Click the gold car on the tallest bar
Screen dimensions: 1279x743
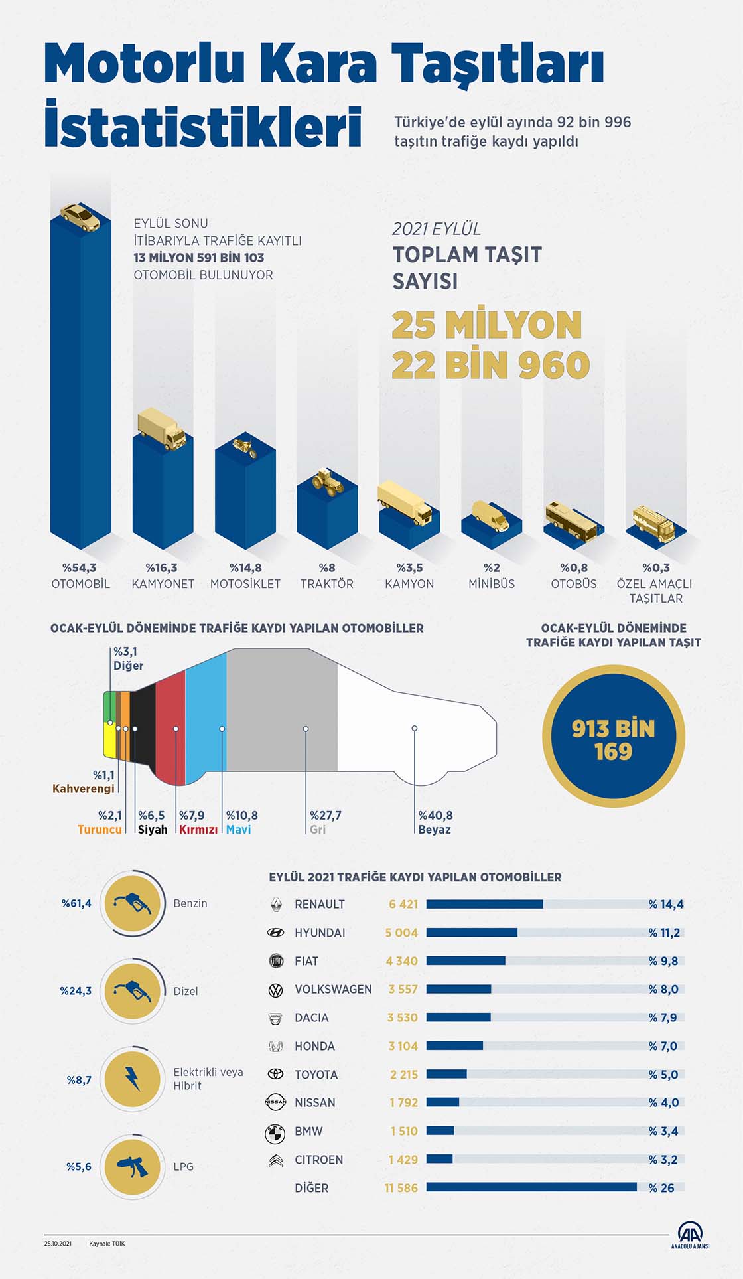tap(80, 217)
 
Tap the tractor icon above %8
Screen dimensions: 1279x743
tap(328, 482)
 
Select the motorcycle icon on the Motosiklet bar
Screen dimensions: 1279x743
tap(245, 447)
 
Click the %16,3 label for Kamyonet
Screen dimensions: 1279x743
tap(162, 568)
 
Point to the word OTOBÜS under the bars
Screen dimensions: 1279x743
tap(574, 584)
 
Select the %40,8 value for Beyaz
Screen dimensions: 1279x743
tap(435, 816)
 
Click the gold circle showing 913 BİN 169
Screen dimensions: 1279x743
tap(614, 737)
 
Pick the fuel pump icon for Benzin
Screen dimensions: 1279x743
tap(133, 903)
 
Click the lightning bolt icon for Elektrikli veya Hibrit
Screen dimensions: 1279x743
tap(133, 1079)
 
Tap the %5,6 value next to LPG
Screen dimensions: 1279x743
tap(79, 1167)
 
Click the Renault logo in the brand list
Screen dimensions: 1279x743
tap(276, 904)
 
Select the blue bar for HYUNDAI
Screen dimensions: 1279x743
tap(472, 933)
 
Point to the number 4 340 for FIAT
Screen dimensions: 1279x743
tap(402, 961)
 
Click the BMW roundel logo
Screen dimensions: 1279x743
tap(275, 1132)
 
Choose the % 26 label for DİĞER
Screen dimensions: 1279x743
tap(661, 1188)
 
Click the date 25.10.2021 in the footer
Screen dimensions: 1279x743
tap(58, 1244)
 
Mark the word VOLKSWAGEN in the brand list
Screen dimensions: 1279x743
tap(333, 990)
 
